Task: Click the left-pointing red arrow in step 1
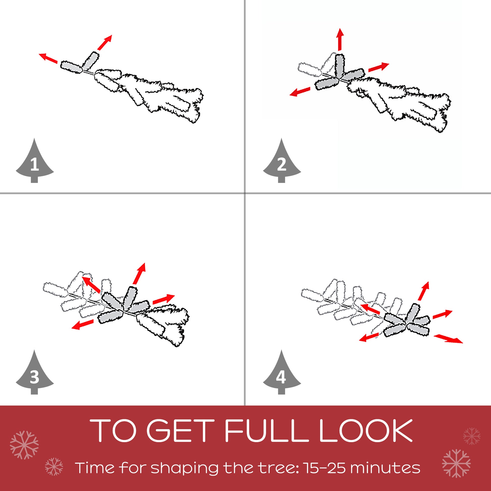48,58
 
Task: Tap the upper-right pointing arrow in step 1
105,42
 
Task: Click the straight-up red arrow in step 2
340,39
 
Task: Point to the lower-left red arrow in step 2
300,92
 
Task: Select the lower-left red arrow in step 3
83,324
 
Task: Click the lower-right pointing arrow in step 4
448,339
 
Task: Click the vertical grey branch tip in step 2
340,66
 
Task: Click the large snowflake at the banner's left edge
24,445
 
